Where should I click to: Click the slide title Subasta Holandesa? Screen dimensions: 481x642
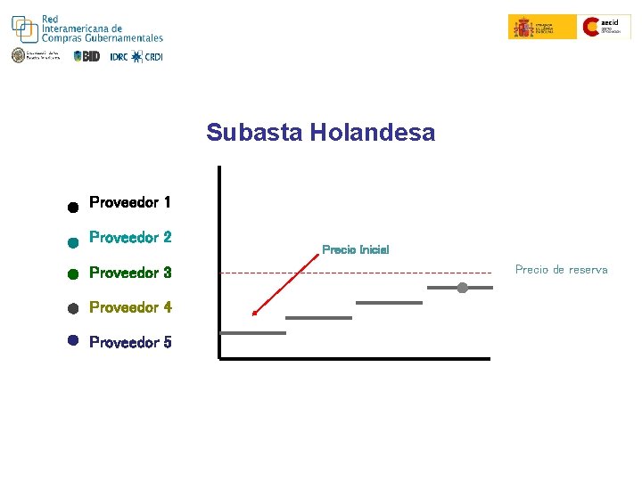coord(320,133)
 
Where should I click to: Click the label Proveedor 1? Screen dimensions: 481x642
coord(130,202)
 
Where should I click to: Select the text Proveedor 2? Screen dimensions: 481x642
coord(130,238)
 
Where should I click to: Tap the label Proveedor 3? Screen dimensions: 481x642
coord(130,273)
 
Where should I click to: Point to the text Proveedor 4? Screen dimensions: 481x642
coord(130,307)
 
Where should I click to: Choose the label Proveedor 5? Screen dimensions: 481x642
coord(130,342)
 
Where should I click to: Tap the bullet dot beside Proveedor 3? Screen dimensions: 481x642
coord(73,274)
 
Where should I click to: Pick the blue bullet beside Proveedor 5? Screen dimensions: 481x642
coord(73,340)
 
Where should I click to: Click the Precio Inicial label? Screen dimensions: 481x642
coord(355,249)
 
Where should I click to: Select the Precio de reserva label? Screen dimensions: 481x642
coord(561,269)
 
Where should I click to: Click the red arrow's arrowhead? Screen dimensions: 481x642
coord(254,313)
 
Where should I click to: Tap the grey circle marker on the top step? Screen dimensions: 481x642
coord(462,287)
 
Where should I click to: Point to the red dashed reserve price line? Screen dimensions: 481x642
coord(357,272)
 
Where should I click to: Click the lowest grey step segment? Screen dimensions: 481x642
coord(252,332)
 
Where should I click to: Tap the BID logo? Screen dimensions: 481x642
coord(87,56)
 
